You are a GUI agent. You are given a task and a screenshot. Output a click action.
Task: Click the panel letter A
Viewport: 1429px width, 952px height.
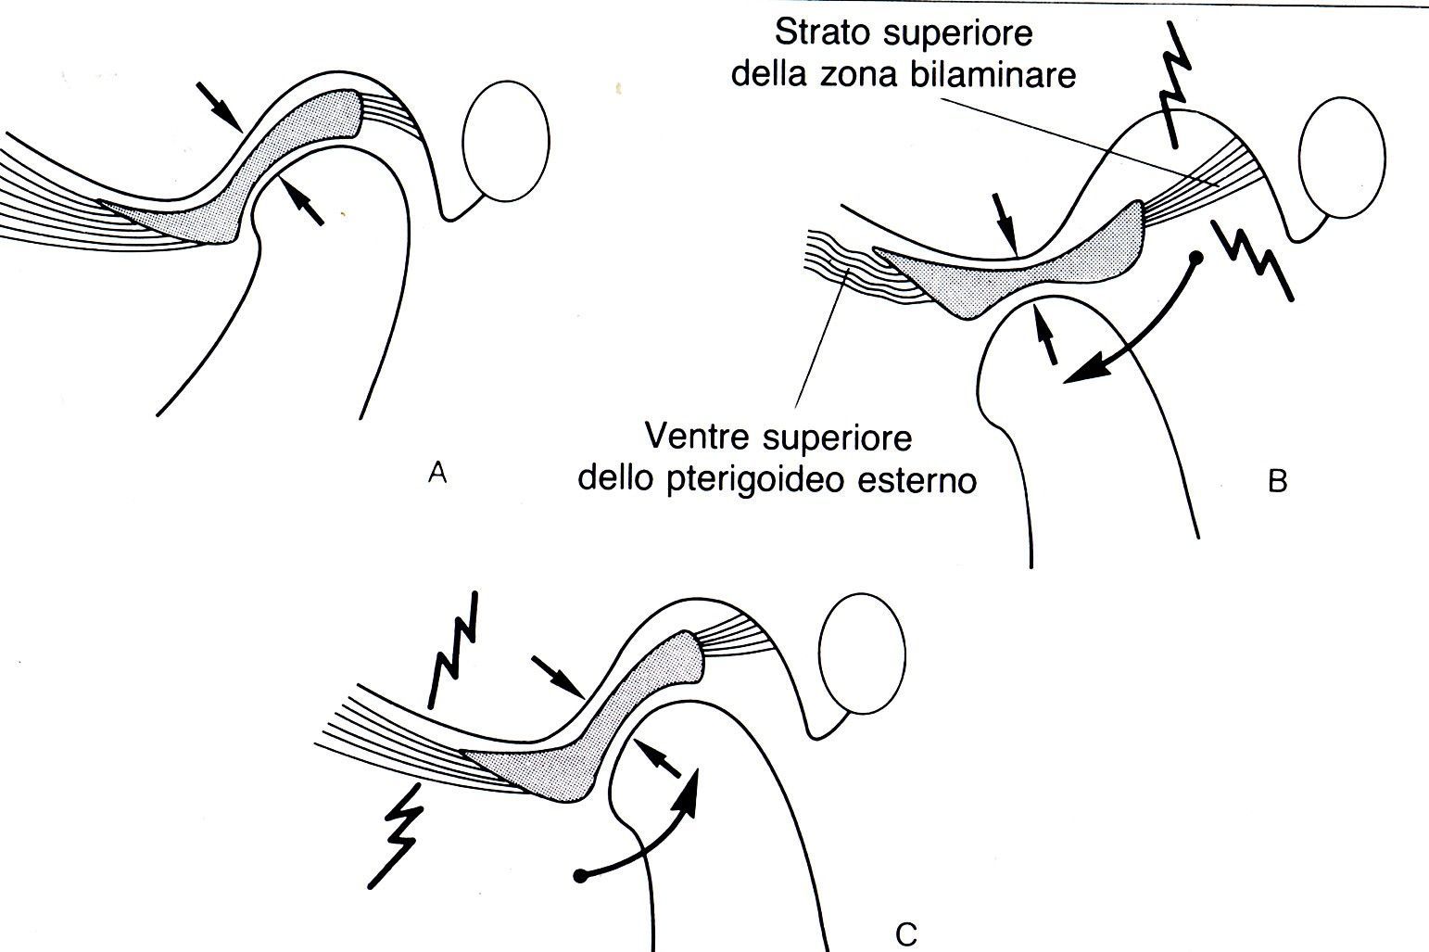[x=437, y=473]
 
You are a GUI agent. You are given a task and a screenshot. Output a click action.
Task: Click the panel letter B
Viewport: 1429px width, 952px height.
[x=1277, y=481]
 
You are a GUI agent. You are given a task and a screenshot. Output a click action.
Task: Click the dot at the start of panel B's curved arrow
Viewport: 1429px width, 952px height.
[x=1196, y=259]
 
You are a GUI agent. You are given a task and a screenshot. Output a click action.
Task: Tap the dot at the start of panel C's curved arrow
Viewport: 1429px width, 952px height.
[x=579, y=877]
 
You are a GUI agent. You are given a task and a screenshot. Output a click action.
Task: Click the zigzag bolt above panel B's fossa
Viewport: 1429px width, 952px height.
[x=1173, y=85]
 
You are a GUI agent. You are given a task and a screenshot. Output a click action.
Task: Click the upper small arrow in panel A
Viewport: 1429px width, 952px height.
[x=219, y=107]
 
